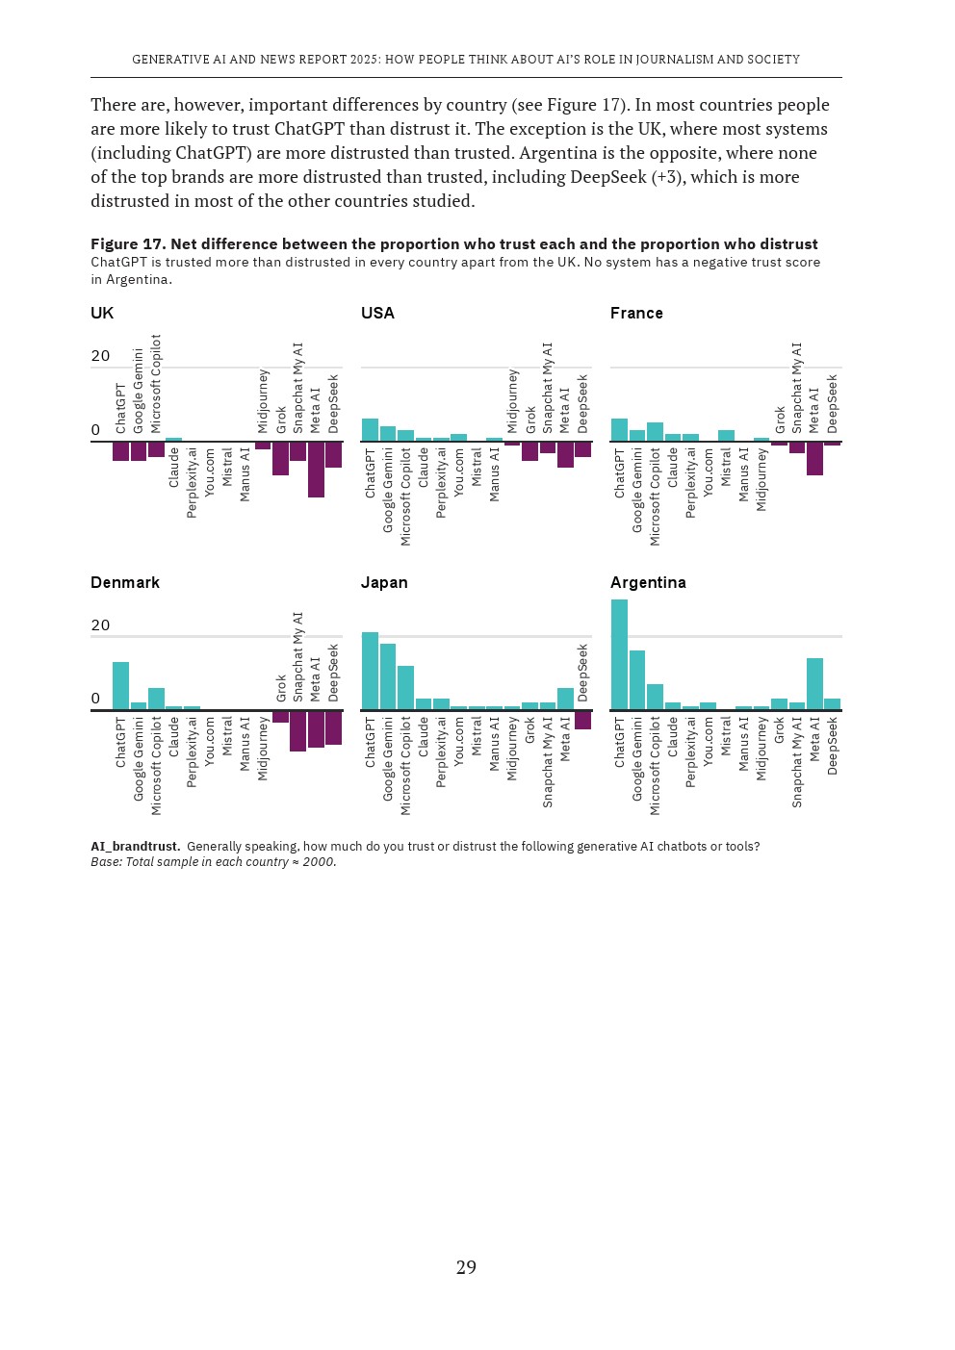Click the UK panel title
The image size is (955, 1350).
tap(102, 313)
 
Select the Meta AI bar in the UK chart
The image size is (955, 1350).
tap(316, 470)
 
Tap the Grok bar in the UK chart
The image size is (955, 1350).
tap(280, 458)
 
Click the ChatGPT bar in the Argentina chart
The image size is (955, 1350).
tap(619, 654)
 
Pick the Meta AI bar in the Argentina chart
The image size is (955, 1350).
tap(814, 684)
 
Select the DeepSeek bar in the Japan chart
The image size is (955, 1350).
tap(582, 721)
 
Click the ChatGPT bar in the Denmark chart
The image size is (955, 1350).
tap(120, 686)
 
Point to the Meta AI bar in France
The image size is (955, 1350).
tap(814, 458)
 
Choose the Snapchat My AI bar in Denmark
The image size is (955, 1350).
tap(297, 731)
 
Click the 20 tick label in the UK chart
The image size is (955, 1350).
tap(100, 356)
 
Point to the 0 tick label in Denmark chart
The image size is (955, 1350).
tap(95, 699)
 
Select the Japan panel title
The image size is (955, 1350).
tap(384, 582)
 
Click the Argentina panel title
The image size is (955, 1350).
tap(648, 582)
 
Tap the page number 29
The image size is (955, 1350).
tap(466, 1267)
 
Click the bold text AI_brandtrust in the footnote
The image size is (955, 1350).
tap(135, 847)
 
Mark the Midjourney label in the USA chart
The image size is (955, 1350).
tap(512, 400)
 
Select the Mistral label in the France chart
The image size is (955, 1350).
tap(726, 467)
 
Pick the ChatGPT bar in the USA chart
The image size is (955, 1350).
tap(370, 430)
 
